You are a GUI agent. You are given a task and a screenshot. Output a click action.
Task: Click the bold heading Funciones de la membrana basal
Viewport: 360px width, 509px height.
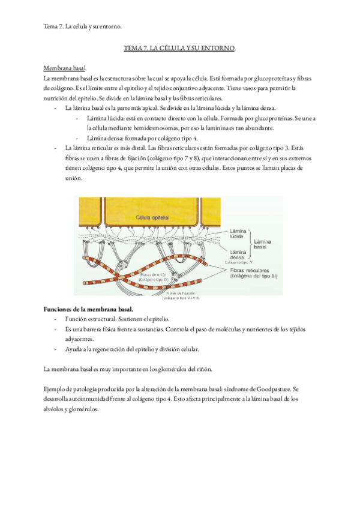(93, 309)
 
